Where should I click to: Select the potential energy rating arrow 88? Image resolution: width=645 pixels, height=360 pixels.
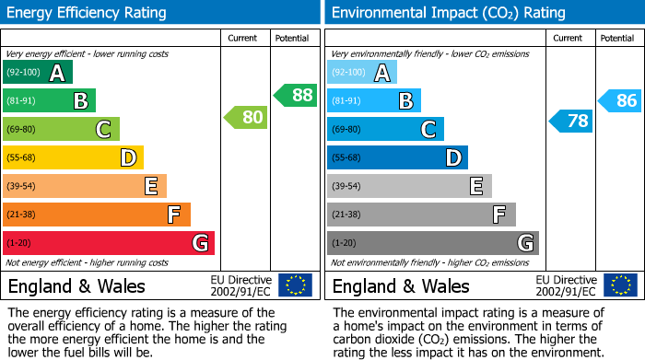point(295,95)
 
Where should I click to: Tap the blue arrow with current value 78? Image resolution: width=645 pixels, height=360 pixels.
point(570,122)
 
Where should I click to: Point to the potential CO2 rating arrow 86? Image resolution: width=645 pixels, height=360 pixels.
point(619,101)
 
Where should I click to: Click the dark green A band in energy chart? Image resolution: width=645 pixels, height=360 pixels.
point(38,73)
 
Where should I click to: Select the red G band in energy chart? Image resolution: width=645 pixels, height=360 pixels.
point(109,243)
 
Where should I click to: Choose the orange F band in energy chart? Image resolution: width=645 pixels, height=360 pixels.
point(97,215)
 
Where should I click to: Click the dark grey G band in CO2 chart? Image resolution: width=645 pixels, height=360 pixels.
point(433,243)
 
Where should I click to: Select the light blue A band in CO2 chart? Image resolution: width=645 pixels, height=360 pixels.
point(362,73)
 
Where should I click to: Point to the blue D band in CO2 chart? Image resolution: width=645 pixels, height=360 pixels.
point(397,158)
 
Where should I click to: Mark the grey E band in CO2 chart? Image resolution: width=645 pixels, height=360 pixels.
point(409,186)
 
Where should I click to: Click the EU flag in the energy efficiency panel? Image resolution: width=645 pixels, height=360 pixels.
point(296,285)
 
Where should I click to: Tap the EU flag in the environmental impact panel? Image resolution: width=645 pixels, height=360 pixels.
point(620,285)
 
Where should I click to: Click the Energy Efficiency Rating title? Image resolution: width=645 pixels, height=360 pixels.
point(87,13)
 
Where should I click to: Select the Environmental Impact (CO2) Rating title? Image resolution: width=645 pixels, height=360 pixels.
point(448,13)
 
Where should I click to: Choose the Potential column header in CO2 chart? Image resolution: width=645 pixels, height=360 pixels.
point(617,38)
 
